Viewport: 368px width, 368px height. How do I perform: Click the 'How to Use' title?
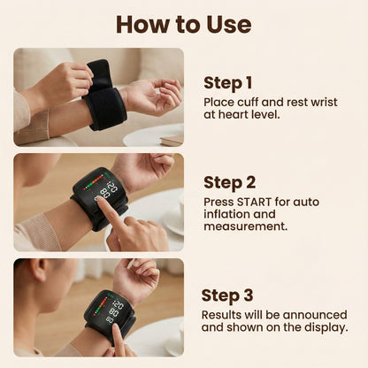tap(184, 23)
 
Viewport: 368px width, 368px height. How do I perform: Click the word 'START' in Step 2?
tap(250, 201)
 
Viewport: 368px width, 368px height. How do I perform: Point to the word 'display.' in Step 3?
tap(324, 327)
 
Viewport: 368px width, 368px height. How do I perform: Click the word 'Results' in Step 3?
tap(222, 314)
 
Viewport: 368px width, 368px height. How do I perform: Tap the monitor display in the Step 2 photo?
tap(106, 188)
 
